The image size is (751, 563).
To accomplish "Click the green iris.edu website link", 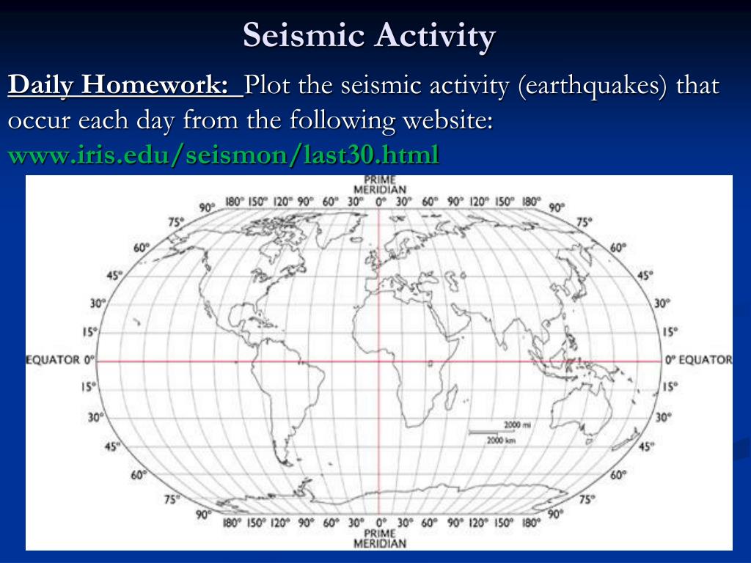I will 224,154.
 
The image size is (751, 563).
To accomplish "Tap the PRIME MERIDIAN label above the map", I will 380,184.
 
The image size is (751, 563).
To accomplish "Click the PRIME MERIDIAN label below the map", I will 380,538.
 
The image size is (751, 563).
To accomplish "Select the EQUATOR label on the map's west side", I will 61,360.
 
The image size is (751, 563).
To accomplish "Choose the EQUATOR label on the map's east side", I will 699,360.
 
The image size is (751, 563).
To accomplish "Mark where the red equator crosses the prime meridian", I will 380,361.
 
